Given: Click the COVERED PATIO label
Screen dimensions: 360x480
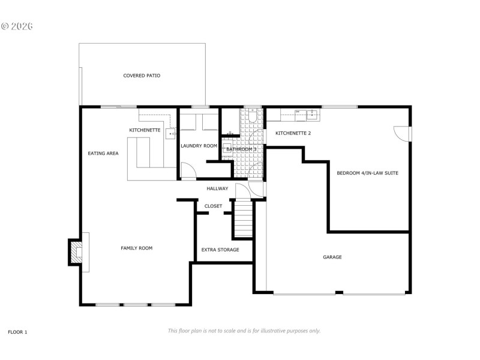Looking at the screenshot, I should coord(142,76).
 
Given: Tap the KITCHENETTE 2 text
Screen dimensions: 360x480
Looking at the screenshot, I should coord(293,133).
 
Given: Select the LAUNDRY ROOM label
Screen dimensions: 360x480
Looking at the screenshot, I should coord(199,146).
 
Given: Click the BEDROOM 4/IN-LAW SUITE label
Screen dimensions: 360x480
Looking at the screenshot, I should coord(367,173).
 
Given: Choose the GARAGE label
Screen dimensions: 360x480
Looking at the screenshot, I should coord(332,257).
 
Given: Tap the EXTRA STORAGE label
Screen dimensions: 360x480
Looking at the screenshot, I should coord(220,250).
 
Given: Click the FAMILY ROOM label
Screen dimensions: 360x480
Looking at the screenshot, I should coord(136,248).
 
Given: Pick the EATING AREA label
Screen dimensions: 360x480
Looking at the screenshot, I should coord(103,153).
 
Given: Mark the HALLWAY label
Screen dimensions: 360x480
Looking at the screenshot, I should coord(217,188).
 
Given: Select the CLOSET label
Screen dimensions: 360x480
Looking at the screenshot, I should coord(213,206).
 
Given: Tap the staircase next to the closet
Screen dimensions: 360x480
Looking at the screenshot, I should coord(243,220).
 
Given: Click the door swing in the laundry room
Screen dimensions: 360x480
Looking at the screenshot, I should coord(188,173).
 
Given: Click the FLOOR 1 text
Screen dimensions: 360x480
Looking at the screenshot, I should coord(17,332).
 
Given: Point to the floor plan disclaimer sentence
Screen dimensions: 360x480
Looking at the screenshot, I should coord(244,331).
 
